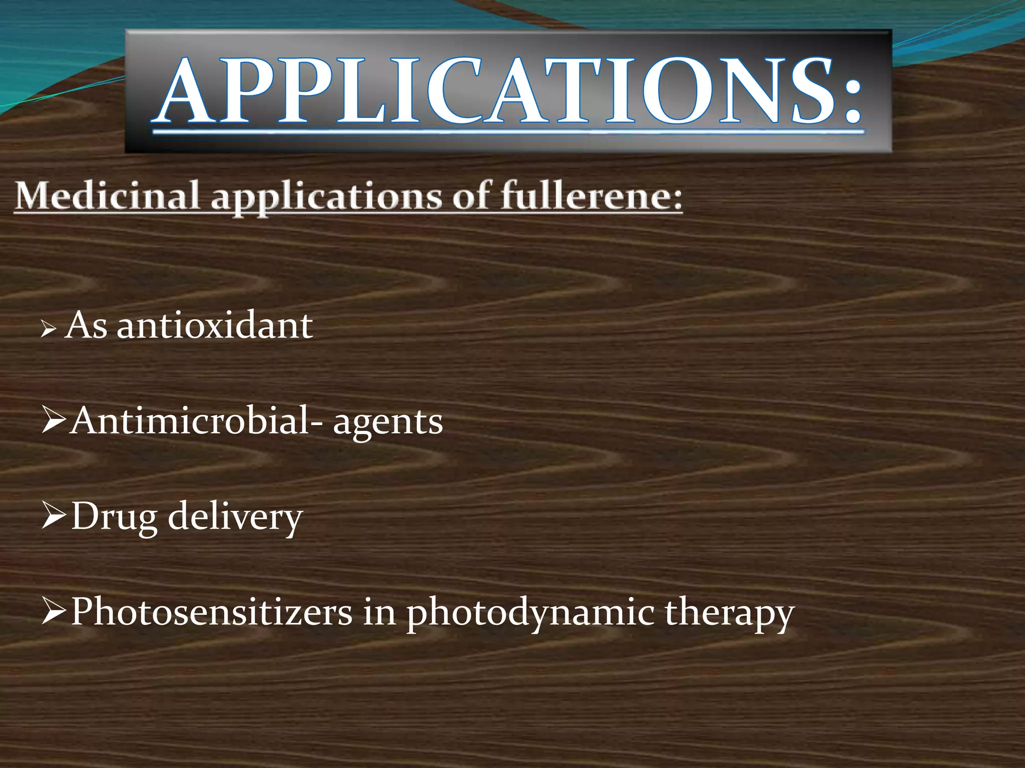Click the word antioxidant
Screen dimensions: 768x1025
[x=215, y=325]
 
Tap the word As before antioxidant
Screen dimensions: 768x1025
[x=86, y=325]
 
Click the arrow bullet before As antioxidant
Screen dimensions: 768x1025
[x=49, y=329]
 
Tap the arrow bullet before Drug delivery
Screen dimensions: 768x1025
[x=54, y=516]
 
